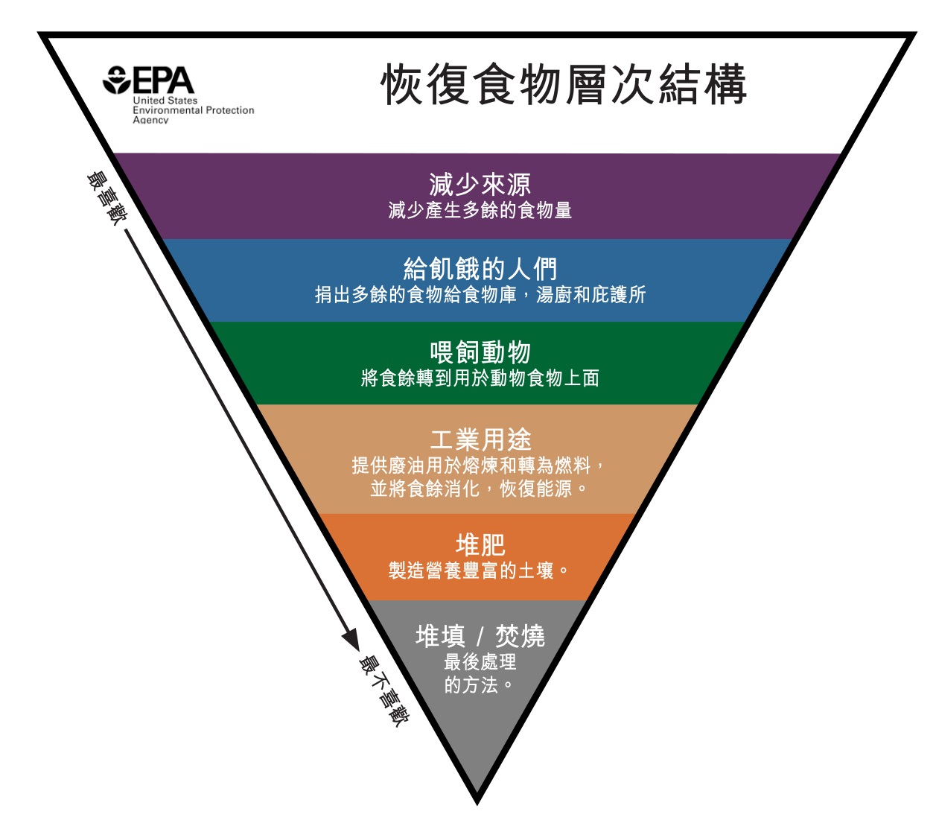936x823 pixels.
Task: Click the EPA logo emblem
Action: (x=117, y=80)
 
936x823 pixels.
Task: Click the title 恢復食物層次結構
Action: (x=564, y=84)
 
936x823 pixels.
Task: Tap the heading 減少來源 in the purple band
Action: (x=480, y=184)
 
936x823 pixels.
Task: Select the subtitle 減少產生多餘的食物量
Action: (x=480, y=211)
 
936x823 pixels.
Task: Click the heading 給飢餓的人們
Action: (x=480, y=268)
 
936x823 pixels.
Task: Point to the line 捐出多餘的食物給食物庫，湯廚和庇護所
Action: (x=480, y=295)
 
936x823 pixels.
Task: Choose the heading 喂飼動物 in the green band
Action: (x=480, y=352)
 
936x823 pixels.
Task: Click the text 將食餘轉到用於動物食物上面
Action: (x=480, y=378)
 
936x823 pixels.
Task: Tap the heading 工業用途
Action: (x=480, y=439)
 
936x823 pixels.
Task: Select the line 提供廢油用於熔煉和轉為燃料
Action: (x=477, y=465)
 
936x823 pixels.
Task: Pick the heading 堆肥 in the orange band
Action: (x=480, y=545)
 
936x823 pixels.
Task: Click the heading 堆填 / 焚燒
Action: (x=480, y=636)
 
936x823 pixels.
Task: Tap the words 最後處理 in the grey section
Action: (x=480, y=661)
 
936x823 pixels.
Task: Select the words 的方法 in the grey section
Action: (x=477, y=684)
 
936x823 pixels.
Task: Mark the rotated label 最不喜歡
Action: (x=383, y=690)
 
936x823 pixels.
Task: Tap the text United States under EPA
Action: (x=165, y=101)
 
